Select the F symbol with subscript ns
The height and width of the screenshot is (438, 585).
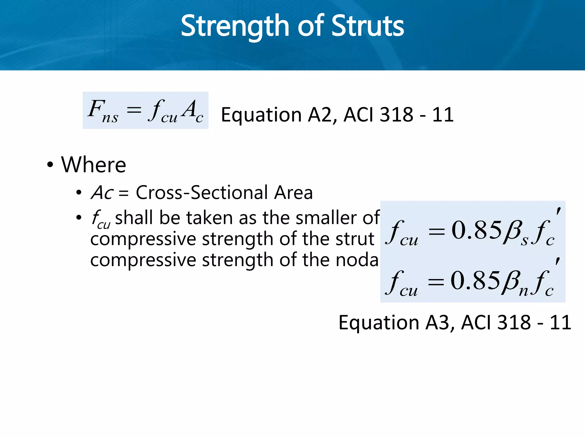tap(102, 111)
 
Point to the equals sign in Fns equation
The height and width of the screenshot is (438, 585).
tap(134, 109)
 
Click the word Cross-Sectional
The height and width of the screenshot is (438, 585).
tap(202, 193)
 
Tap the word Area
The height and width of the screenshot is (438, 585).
tap(293, 193)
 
